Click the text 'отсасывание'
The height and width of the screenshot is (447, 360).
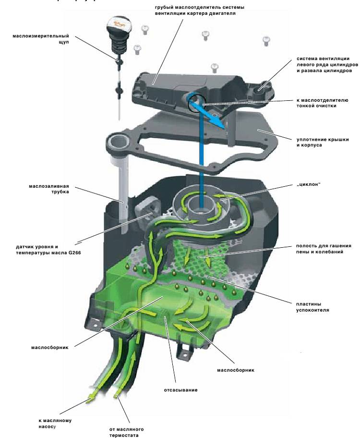pos(180,390)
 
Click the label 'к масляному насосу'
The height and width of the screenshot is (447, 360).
pos(55,423)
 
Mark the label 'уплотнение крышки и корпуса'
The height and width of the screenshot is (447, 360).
pos(315,142)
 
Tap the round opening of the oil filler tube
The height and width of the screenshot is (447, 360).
pos(118,142)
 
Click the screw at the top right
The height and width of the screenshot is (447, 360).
pos(266,40)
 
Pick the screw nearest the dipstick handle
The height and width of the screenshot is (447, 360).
pos(137,48)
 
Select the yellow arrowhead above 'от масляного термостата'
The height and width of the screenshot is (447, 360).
pos(116,397)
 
